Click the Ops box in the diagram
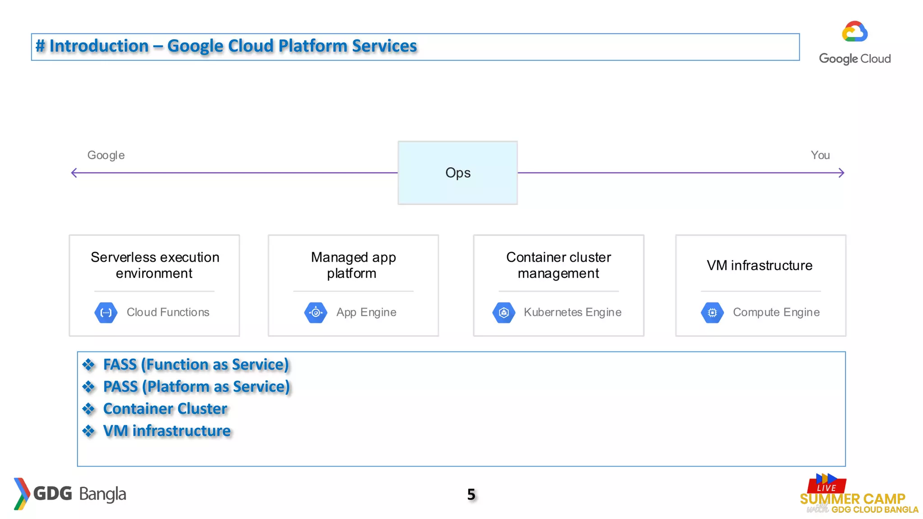tap(457, 173)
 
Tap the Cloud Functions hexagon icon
tap(106, 313)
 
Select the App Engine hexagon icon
tap(316, 313)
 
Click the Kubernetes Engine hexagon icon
tap(504, 313)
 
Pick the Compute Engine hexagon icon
tap(713, 313)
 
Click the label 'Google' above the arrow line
tap(106, 155)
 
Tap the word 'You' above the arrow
tap(820, 155)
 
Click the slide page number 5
tap(471, 495)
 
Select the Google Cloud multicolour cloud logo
tap(854, 32)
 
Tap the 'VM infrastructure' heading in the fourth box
tap(760, 266)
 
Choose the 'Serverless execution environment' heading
tap(155, 265)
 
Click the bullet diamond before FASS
tap(89, 365)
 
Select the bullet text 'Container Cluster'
tap(165, 409)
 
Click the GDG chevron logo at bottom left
tap(21, 494)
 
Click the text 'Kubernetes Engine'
tap(572, 313)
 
